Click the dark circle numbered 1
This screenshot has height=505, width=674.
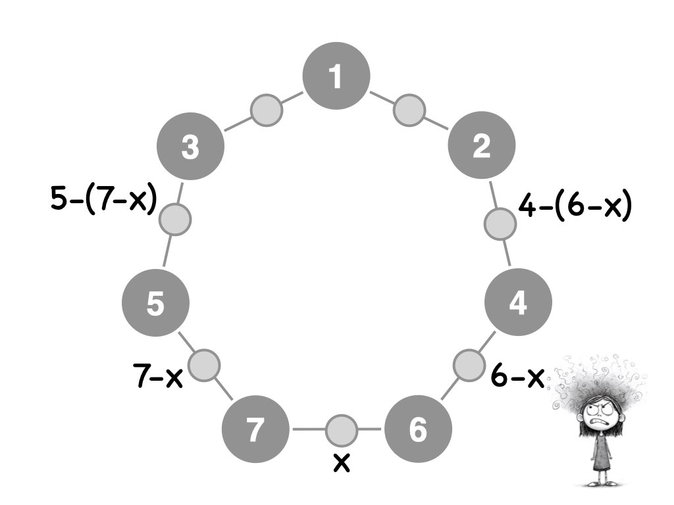[x=336, y=77]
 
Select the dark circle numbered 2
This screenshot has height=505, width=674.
[x=481, y=146]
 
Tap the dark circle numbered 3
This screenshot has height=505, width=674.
[x=191, y=147]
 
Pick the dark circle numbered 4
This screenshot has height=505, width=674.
[x=518, y=303]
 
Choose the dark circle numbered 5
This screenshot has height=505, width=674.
[x=156, y=304]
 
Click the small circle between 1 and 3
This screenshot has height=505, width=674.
[x=267, y=109]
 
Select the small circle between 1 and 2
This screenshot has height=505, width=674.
[x=409, y=109]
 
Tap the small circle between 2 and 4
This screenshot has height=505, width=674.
[x=500, y=224]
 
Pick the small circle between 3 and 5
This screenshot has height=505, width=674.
[x=175, y=219]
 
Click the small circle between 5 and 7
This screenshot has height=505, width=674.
[x=204, y=364]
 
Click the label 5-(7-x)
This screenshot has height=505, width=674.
[x=103, y=199]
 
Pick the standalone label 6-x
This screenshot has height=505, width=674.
[x=517, y=377]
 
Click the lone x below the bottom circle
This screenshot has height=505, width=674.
[x=341, y=463]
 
